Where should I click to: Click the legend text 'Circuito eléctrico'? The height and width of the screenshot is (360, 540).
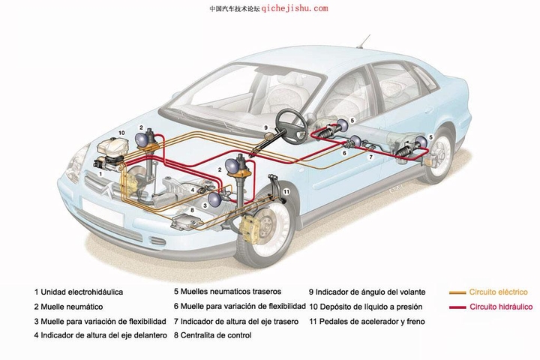tap(498, 292)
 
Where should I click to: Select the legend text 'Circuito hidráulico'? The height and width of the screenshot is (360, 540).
tap(500, 307)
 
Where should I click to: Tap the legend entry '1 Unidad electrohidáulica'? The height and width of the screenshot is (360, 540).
tap(78, 292)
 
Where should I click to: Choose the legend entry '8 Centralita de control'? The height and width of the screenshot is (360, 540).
tap(212, 335)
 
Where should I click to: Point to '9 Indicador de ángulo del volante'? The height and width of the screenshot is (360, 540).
tap(367, 292)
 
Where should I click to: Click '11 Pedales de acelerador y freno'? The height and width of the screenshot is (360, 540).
tap(367, 321)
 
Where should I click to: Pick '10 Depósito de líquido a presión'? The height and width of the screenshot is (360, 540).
tap(365, 307)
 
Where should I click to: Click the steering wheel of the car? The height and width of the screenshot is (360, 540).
tap(289, 120)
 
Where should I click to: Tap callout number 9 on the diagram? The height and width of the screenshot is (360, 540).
tap(265, 127)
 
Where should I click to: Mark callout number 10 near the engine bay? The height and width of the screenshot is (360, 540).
tap(121, 133)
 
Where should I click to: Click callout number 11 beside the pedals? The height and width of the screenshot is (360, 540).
tap(286, 192)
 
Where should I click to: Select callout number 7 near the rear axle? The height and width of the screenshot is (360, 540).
tap(370, 157)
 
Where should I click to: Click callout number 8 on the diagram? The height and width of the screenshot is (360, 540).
tap(193, 211)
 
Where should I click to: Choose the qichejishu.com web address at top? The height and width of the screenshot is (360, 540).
tap(295, 8)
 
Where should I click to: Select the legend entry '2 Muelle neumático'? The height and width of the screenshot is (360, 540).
tap(68, 307)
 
